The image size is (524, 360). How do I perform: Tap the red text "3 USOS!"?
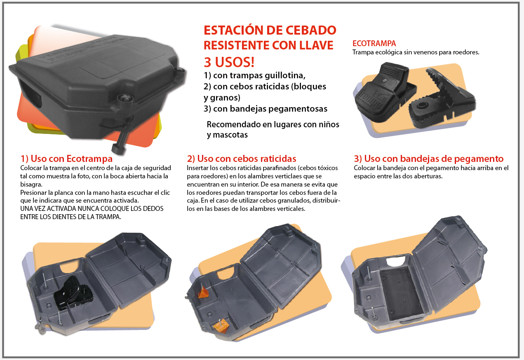pos(229,62)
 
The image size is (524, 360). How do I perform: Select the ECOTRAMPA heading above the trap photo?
pos(374,44)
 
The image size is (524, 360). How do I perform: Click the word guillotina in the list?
pos(285,75)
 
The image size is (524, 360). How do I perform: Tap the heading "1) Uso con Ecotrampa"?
pos(66,159)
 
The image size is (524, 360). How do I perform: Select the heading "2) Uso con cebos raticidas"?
pos(242,159)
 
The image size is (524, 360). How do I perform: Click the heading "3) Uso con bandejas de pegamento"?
pos(428,159)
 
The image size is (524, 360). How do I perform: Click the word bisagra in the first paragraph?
pos(31,185)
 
